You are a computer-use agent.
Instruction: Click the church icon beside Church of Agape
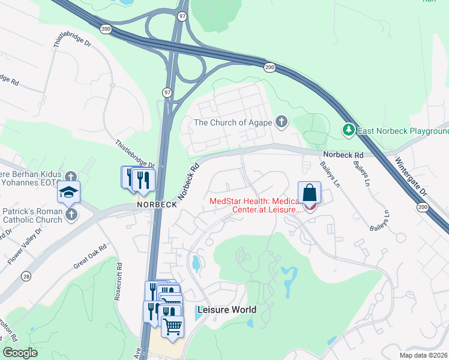(281, 122)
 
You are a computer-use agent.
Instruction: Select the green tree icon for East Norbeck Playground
(348, 130)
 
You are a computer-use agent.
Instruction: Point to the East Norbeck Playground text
(403, 131)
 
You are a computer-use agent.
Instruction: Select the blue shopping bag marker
(309, 193)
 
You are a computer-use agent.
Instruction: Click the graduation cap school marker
(68, 192)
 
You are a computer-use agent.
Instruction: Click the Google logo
(20, 353)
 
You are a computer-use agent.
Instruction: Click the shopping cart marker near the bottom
(172, 326)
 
